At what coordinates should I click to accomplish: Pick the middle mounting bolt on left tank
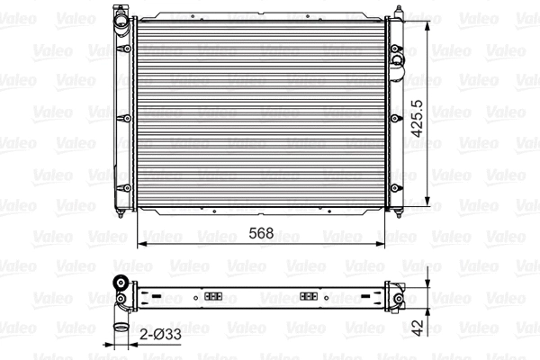[x=121, y=116]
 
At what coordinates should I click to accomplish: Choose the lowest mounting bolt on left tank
[x=121, y=186]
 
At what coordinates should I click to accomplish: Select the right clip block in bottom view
[x=308, y=295]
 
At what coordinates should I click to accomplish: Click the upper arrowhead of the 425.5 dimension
[x=427, y=19]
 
